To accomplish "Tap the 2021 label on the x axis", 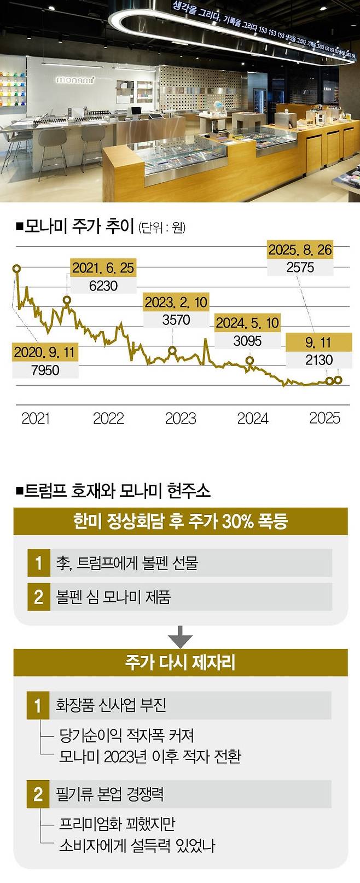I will click(36, 419).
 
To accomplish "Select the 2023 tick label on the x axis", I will click(181, 419).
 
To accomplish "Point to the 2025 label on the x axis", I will click(324, 419).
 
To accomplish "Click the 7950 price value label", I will click(45, 370).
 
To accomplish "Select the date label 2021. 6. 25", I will click(103, 268).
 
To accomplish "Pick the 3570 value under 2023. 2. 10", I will click(176, 320).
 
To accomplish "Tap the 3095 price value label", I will click(247, 341).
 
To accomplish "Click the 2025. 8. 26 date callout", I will click(300, 250).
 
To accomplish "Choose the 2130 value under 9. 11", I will click(318, 360).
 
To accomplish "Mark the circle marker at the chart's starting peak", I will click(16, 268).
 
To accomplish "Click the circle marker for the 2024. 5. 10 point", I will click(249, 361).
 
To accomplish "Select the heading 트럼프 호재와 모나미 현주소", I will click(117, 490).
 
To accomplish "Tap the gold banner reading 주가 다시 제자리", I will click(180, 663).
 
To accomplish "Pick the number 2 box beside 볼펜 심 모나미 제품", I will click(38, 596).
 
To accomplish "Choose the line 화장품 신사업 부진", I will click(111, 705).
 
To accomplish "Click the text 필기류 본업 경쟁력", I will click(110, 794).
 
